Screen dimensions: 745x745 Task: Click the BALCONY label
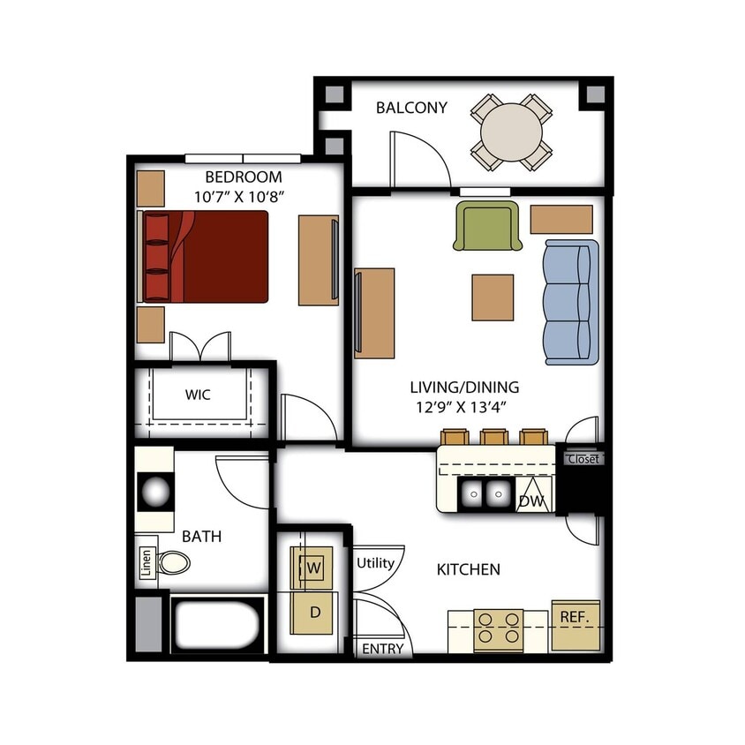pos(411,109)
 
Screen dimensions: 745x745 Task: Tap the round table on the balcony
pos(512,133)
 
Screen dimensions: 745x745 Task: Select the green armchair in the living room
pos(486,226)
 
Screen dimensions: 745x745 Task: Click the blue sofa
pos(569,301)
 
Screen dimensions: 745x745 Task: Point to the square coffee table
pos(493,297)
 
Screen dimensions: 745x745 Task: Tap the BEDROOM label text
pos(243,177)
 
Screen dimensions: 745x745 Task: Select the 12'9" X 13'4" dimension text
pos(464,407)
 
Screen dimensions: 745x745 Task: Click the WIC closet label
pos(198,395)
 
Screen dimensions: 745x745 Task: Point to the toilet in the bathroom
pos(174,562)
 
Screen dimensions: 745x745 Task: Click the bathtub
pos(217,626)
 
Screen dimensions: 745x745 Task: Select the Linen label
pos(147,562)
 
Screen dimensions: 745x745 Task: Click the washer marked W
pos(312,568)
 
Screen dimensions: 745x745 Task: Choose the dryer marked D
pos(312,612)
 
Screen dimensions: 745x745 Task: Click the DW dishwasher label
pos(530,501)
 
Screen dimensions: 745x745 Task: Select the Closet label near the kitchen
pos(583,459)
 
